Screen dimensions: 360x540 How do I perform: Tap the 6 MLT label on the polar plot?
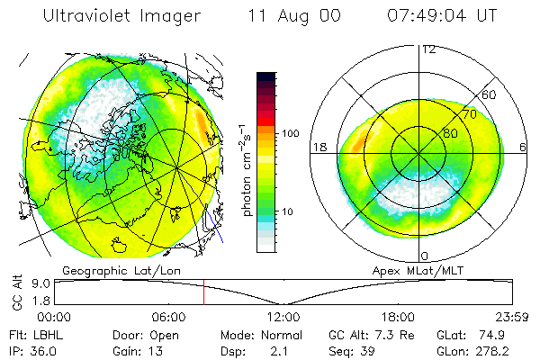coord(522,146)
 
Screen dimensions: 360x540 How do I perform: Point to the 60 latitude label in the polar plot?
coord(489,94)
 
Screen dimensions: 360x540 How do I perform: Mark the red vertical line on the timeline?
coord(203,292)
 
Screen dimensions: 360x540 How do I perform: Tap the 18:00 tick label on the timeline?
coord(398,318)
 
